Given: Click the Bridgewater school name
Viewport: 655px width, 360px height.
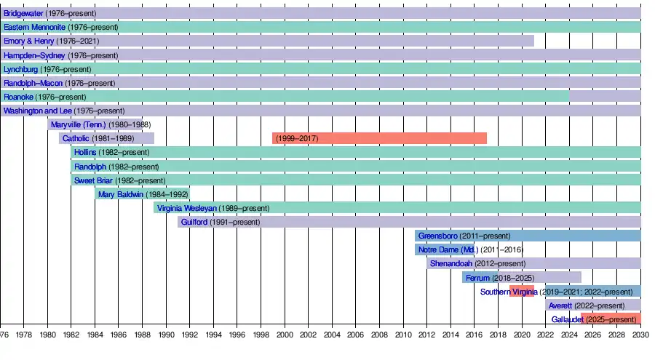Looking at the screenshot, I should (23, 13).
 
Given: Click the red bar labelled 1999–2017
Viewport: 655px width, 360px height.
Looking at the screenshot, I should (378, 138).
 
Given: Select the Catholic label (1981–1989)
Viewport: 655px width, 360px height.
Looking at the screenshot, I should (76, 138).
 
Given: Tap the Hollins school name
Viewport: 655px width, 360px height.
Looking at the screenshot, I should (85, 152).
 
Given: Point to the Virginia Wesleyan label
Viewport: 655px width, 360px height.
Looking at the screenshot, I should (186, 208).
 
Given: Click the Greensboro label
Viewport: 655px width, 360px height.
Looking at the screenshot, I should (440, 236).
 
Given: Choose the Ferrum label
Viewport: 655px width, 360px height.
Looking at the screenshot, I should (477, 278).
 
